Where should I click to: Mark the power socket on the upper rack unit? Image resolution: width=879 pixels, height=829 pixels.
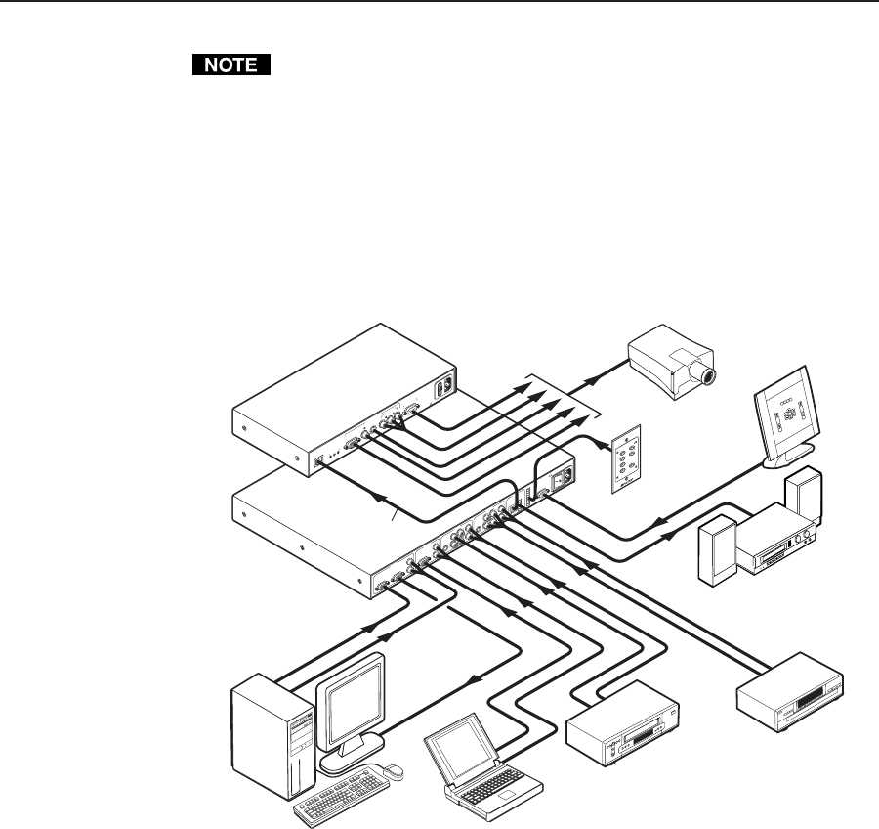(x=448, y=384)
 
